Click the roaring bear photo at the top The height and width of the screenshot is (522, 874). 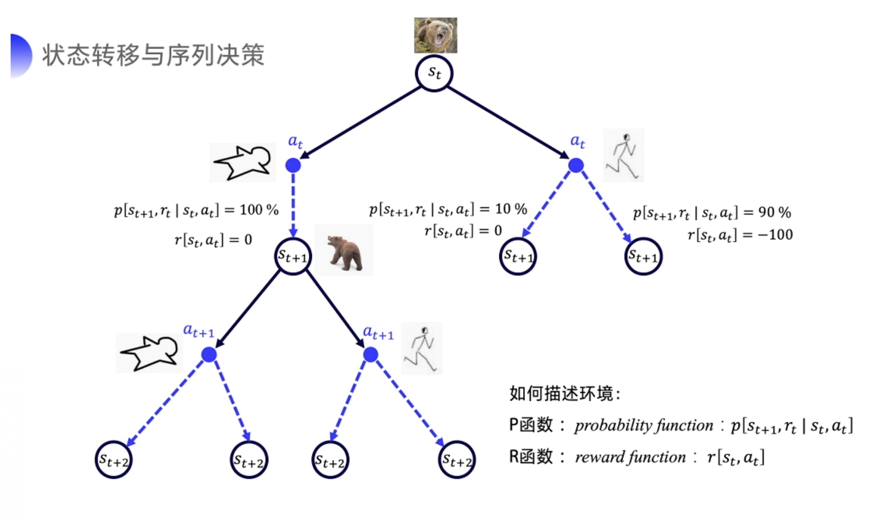tap(435, 35)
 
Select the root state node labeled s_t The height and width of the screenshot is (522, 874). tap(434, 73)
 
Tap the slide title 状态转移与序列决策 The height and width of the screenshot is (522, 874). tap(153, 55)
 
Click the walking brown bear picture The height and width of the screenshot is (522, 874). tap(344, 251)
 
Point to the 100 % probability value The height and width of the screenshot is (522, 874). tap(259, 210)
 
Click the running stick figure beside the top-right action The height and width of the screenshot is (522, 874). tap(624, 155)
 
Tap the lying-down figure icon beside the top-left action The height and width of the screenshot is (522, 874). tap(242, 162)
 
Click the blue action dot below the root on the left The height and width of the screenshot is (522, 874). tap(293, 165)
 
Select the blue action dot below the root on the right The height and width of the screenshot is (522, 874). tap(576, 165)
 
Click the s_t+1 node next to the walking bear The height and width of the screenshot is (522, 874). tap(293, 256)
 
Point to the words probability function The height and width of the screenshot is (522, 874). tap(643, 425)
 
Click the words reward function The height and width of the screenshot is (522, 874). tap(630, 457)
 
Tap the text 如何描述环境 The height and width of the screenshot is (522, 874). tap(564, 393)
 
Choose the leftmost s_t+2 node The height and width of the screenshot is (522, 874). tap(114, 460)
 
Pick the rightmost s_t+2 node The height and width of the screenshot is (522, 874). tap(457, 460)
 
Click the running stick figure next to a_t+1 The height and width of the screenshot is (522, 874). tap(422, 348)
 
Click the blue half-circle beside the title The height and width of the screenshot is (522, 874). tap(20, 56)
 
